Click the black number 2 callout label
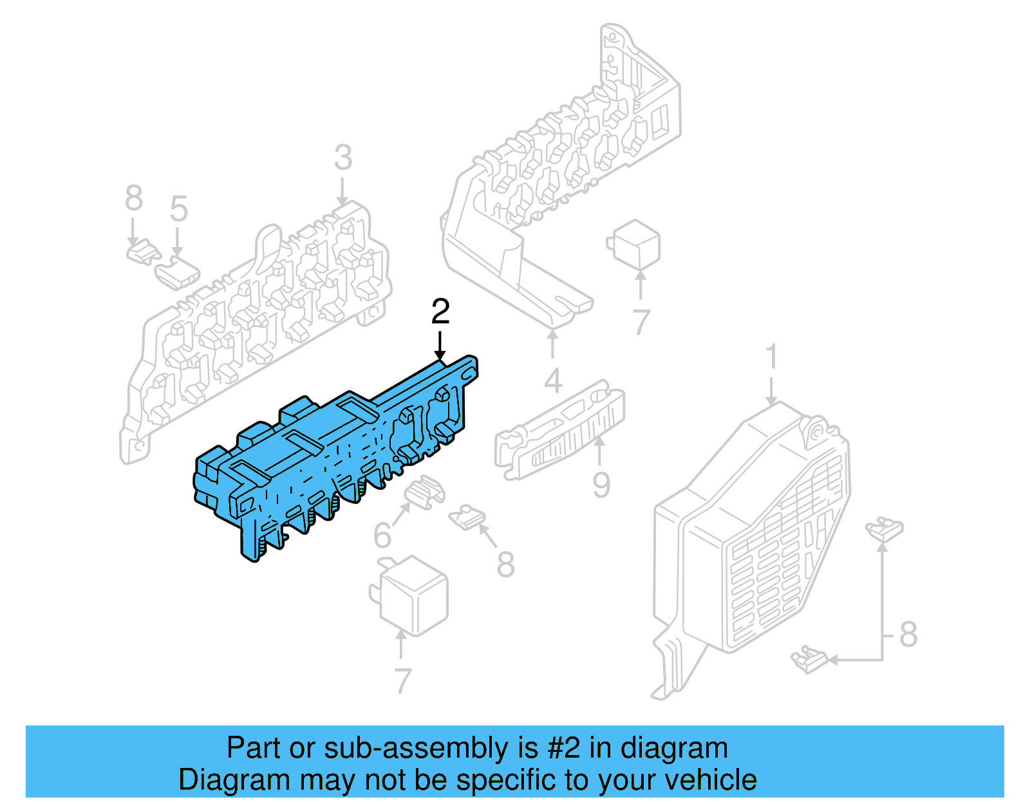[x=440, y=312]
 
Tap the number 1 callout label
[x=771, y=357]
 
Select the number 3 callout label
[x=343, y=158]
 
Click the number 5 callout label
[x=178, y=209]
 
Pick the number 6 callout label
[x=382, y=536]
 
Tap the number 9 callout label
[x=601, y=485]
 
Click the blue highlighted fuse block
[x=335, y=451]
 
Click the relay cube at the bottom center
[x=412, y=595]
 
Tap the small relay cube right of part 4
[x=635, y=245]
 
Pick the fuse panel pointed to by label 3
[x=257, y=322]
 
